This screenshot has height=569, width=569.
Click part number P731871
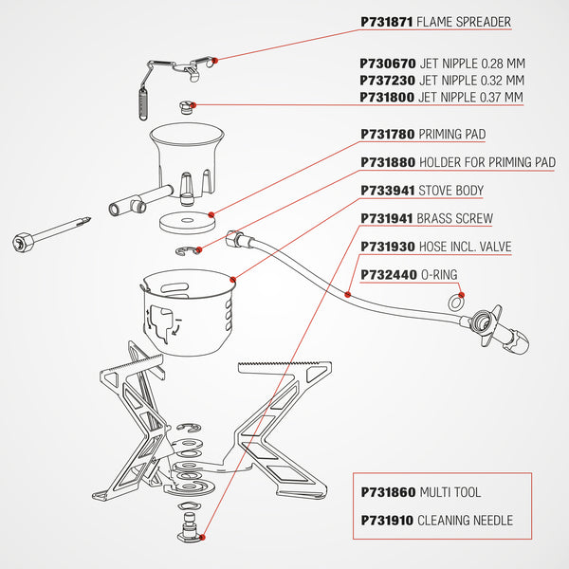(387, 22)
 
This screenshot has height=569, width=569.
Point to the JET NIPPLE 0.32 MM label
(471, 81)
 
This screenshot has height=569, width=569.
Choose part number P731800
(387, 98)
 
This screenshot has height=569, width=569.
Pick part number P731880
(387, 163)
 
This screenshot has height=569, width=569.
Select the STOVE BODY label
(451, 191)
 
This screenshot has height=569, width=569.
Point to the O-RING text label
(438, 275)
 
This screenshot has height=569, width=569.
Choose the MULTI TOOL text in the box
(450, 493)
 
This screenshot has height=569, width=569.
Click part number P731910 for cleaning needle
(387, 521)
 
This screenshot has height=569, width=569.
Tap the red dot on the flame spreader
(217, 60)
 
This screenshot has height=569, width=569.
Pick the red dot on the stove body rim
(233, 279)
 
